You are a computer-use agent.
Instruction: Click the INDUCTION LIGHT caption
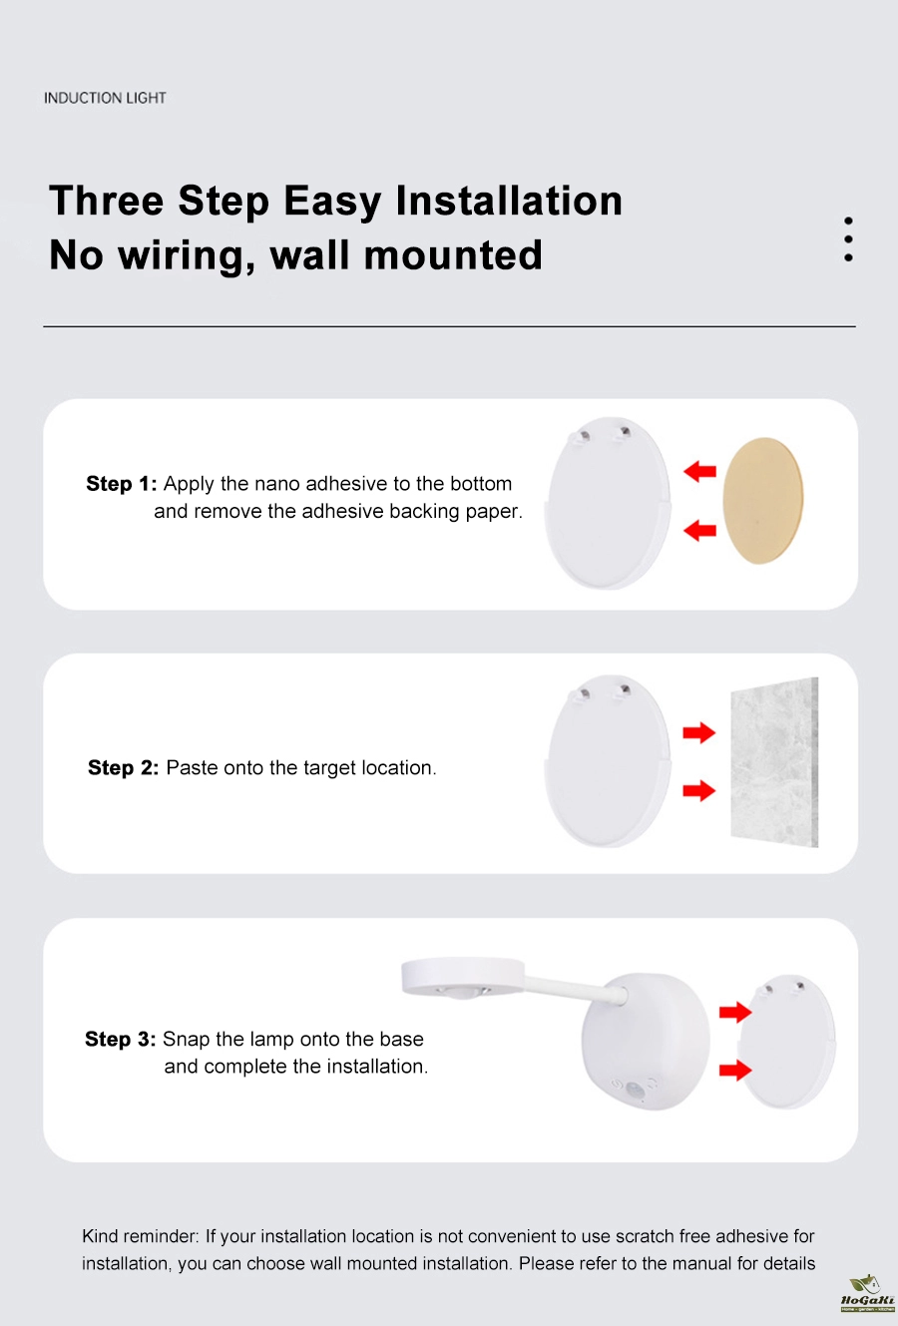pos(105,98)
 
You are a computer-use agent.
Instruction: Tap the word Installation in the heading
pos(509,201)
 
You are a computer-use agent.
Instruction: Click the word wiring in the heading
pos(187,255)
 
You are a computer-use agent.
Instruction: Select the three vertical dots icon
pos(848,239)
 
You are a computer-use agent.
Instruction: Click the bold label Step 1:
pos(122,484)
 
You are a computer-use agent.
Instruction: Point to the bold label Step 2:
pos(123,768)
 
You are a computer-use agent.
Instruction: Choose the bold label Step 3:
pos(120,1039)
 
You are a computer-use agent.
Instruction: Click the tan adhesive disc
pos(763,501)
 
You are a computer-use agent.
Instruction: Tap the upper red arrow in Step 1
pos(699,472)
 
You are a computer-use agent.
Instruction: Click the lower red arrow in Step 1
pos(699,531)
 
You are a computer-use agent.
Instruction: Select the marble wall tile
pos(774,762)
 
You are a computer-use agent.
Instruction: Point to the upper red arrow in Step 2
pos(699,733)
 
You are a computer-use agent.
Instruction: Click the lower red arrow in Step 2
pos(699,791)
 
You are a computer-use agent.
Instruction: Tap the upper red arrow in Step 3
pos(735,1013)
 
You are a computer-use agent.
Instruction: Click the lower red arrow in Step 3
pos(735,1070)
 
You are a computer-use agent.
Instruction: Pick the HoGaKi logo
pos(867,1295)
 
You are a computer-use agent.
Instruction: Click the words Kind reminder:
pos(141,1236)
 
